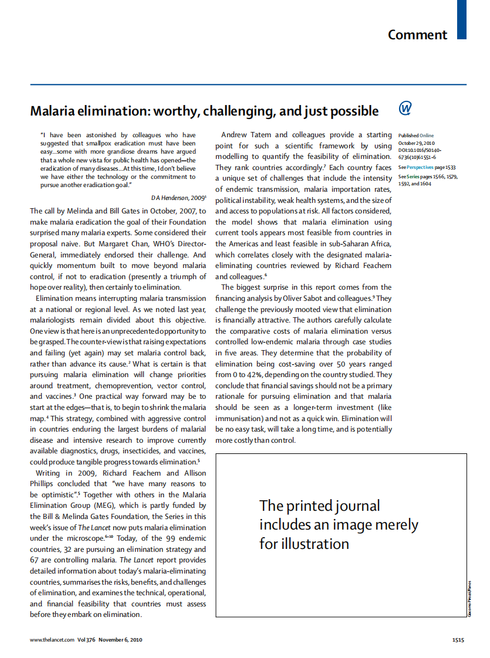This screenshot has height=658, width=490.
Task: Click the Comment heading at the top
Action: (x=417, y=35)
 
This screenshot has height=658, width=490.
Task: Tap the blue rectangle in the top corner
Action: (x=462, y=19)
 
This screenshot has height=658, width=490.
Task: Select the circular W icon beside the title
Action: (x=405, y=108)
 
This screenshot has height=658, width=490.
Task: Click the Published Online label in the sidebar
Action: (x=416, y=135)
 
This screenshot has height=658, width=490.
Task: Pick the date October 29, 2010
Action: (x=417, y=143)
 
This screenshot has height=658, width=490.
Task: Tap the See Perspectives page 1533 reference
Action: (x=427, y=167)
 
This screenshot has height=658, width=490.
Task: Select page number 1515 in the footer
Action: (x=458, y=640)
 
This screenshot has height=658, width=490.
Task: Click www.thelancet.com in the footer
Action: (x=52, y=640)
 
